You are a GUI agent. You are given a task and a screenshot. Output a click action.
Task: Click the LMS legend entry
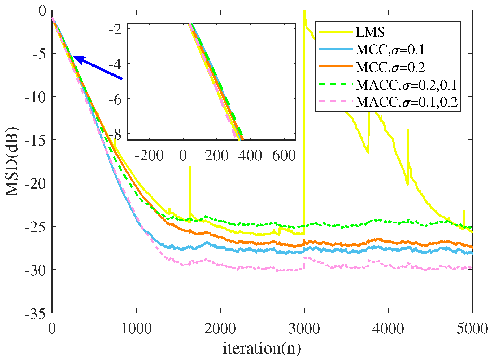coord(370,32)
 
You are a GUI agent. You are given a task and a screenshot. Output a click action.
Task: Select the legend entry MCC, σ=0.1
coord(390,50)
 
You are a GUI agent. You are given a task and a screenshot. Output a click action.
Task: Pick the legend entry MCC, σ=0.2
coord(390,67)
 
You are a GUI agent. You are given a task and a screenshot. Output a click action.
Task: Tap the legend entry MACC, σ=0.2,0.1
coord(406,85)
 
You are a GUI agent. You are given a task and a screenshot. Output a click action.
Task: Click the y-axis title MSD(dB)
coord(12,161)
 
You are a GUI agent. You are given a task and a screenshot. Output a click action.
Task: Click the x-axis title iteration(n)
coord(262,348)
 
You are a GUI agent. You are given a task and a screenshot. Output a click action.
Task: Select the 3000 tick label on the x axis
coord(304,329)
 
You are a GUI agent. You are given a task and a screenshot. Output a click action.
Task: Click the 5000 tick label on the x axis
coord(472,329)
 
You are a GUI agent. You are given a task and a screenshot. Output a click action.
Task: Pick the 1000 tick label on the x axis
coord(136,329)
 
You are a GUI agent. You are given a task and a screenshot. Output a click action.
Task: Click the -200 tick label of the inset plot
coord(149,156)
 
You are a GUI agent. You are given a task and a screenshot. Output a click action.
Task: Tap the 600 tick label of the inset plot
coord(284,156)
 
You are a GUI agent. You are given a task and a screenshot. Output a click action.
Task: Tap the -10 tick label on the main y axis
coord(36,97)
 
